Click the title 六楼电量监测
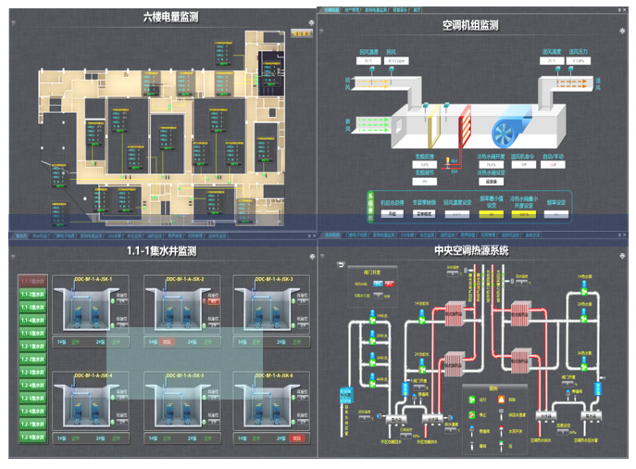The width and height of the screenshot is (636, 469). pos(170,18)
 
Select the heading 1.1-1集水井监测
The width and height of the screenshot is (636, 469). pos(162,251)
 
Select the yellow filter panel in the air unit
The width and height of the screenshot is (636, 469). pos(434,122)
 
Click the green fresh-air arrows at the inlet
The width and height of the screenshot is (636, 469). pos(368,121)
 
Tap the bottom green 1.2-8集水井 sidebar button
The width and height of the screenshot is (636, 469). pos(33,435)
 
